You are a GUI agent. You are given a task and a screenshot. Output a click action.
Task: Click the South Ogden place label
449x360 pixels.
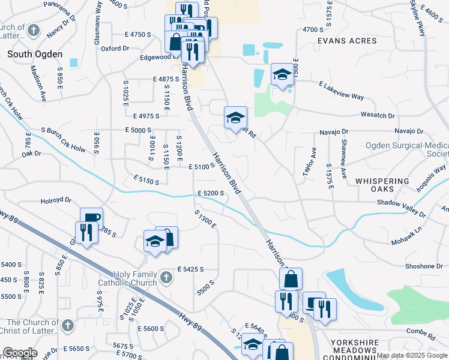pyautogui.click(x=35, y=54)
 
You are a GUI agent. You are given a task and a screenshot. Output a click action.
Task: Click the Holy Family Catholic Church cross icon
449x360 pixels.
pyautogui.click(x=166, y=277)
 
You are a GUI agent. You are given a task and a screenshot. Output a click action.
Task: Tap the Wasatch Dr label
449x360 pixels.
pyautogui.click(x=378, y=115)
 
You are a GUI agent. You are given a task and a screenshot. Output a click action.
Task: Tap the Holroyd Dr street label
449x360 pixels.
pyautogui.click(x=56, y=200)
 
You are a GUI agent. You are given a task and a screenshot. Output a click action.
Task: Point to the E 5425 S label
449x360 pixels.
pyautogui.click(x=191, y=269)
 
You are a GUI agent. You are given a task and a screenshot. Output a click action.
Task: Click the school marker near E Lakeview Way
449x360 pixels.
pyautogui.click(x=282, y=74)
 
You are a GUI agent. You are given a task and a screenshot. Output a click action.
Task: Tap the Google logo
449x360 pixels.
pyautogui.click(x=20, y=353)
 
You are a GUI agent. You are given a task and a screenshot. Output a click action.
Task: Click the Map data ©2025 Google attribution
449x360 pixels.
pyautogui.click(x=411, y=355)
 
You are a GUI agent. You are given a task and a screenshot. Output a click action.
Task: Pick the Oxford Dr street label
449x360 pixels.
pyautogui.click(x=115, y=49)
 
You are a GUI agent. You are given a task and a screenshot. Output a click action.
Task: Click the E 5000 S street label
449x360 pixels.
pyautogui.click(x=139, y=130)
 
